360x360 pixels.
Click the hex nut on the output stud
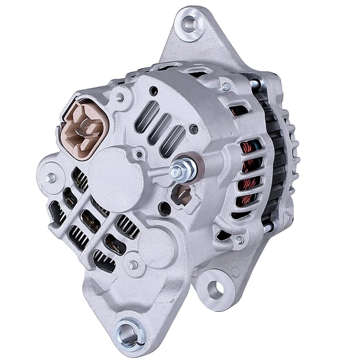coord(183,169)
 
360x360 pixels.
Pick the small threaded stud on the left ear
coord(51,178)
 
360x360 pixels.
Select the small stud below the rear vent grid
coord(133,265)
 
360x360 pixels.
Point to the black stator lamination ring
coord(277,161)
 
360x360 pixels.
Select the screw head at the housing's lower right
coord(240,240)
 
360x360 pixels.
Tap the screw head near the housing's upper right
coord(226,87)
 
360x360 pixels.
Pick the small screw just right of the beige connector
coord(120,97)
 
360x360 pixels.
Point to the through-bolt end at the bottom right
coord(268,227)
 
